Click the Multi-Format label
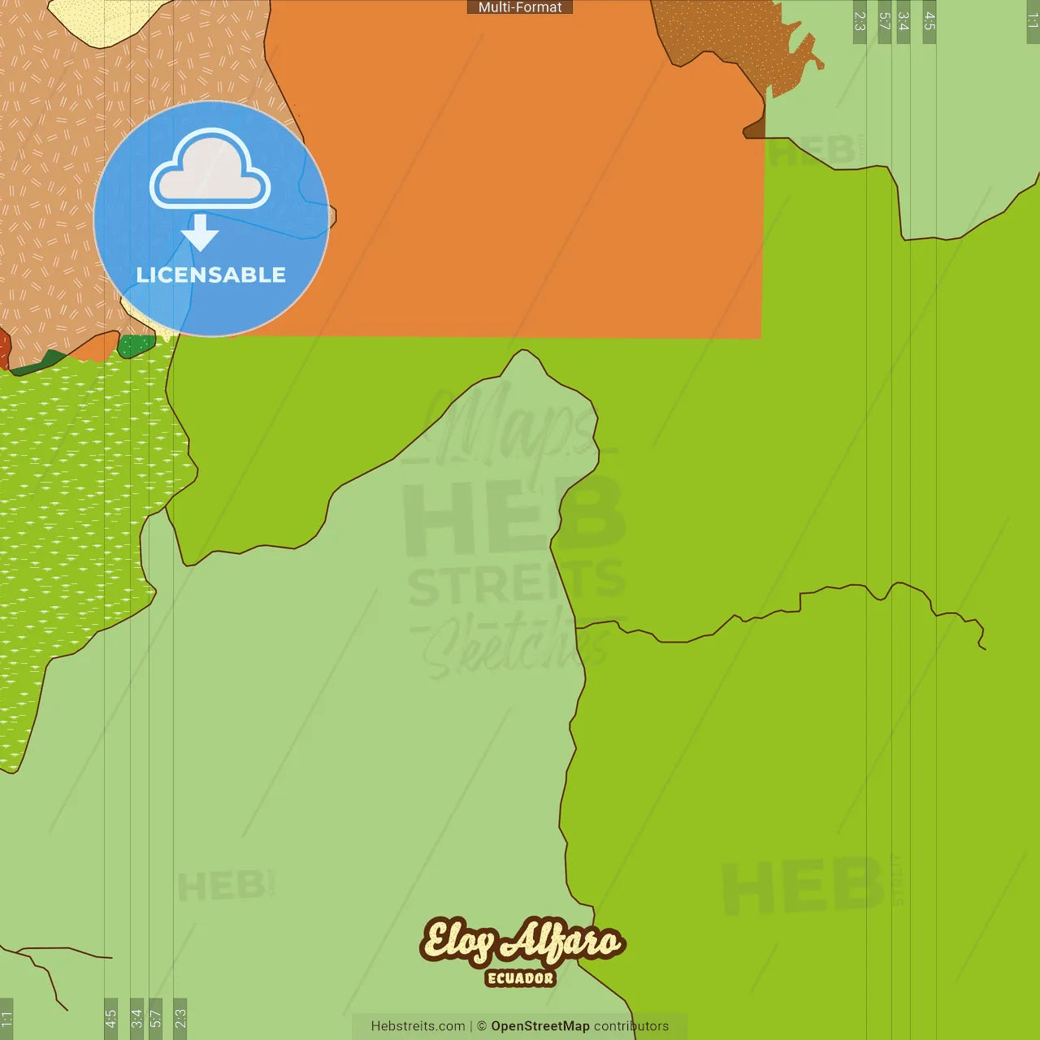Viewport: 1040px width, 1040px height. click(x=520, y=7)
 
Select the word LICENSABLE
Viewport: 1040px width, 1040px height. click(x=211, y=275)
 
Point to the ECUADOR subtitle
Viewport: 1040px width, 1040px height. click(x=521, y=978)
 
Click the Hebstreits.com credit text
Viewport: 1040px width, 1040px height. click(x=418, y=1026)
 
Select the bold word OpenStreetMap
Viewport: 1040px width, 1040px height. click(x=540, y=1026)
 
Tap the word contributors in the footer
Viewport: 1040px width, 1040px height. click(x=631, y=1026)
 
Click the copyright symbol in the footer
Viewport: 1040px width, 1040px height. click(x=482, y=1026)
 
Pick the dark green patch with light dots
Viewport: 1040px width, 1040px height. click(x=136, y=346)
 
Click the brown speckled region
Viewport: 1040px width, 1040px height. click(x=731, y=41)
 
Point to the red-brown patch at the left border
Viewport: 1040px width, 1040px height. click(x=4, y=348)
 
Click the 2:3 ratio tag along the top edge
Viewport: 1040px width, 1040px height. click(x=860, y=21)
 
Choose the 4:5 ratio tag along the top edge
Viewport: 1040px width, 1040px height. click(x=929, y=21)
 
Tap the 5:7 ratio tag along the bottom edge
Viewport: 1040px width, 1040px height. click(x=155, y=1018)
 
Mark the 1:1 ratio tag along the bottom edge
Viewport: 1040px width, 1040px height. click(x=6, y=1018)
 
